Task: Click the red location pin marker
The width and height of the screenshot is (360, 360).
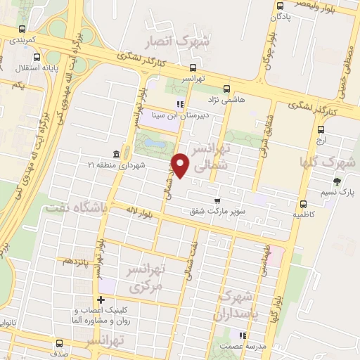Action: point(182,165)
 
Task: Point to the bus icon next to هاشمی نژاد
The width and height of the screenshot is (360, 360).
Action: point(226,89)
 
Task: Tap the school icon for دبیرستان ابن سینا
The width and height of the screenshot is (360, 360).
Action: point(180,105)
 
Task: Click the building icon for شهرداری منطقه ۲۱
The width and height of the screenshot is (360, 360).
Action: point(115,154)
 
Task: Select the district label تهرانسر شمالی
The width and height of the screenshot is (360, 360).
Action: point(211,157)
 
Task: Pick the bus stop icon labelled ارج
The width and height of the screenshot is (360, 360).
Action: point(321,130)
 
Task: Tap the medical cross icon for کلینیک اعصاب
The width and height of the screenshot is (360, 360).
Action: point(101,301)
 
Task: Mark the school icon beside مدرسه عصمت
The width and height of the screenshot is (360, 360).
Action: point(243,335)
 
